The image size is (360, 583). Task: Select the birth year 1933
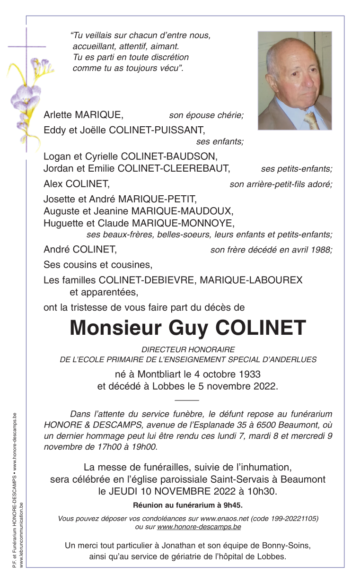(x=250, y=374)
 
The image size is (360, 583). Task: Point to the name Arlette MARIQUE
(x=83, y=115)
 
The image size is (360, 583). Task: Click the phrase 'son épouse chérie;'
(x=206, y=115)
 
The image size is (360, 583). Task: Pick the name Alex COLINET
(x=76, y=183)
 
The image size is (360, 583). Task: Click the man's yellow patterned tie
(x=311, y=120)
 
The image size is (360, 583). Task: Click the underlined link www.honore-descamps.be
(x=199, y=527)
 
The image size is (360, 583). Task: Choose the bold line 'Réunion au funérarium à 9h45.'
(x=188, y=505)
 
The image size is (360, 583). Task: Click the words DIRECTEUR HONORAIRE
(x=188, y=349)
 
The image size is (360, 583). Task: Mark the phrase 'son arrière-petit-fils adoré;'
(x=281, y=184)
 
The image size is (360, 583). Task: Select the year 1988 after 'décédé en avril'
(x=321, y=250)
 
